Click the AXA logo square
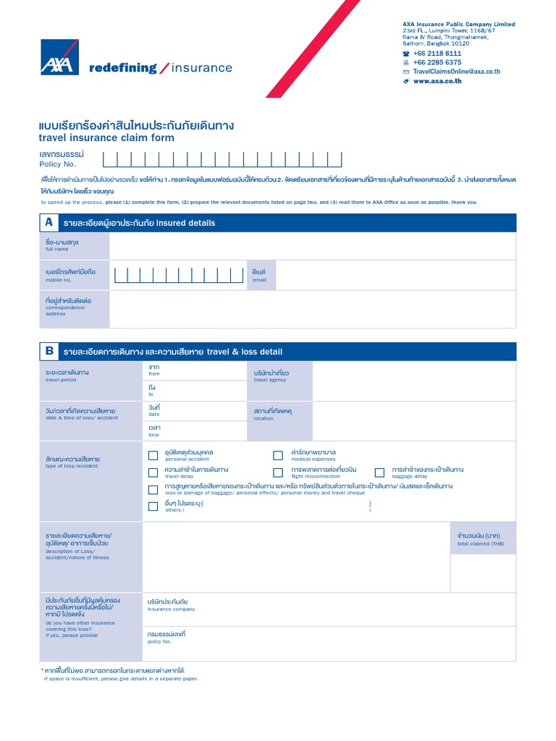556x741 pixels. click(x=59, y=57)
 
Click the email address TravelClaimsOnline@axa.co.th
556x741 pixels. click(x=456, y=72)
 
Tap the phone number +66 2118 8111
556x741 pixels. click(x=437, y=54)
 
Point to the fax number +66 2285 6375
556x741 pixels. click(x=437, y=63)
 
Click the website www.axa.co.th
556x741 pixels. click(x=437, y=81)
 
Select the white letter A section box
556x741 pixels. click(x=49, y=222)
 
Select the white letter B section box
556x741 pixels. click(x=49, y=351)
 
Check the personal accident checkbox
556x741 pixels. click(x=153, y=455)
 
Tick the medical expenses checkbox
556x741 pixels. click(x=278, y=455)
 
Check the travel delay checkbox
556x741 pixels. click(x=153, y=473)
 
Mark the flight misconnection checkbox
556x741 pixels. click(x=278, y=473)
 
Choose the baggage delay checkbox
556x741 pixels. click(x=379, y=473)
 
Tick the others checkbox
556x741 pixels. click(x=153, y=507)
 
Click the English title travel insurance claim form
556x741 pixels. click(x=106, y=137)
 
